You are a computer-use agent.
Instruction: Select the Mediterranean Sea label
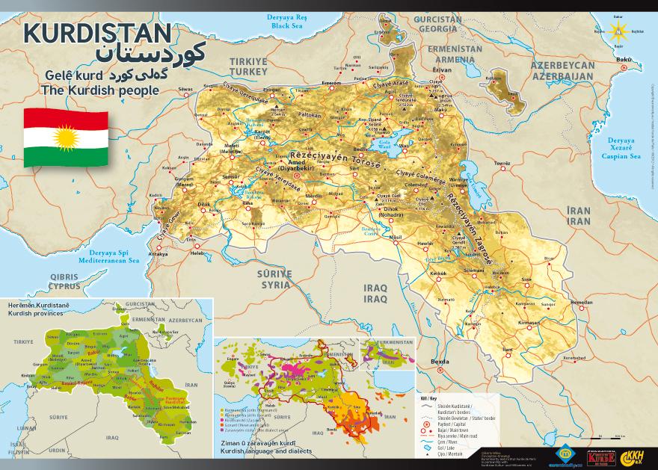click(105, 259)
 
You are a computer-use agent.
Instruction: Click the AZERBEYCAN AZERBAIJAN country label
click(562, 69)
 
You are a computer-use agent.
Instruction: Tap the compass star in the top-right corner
click(618, 31)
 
